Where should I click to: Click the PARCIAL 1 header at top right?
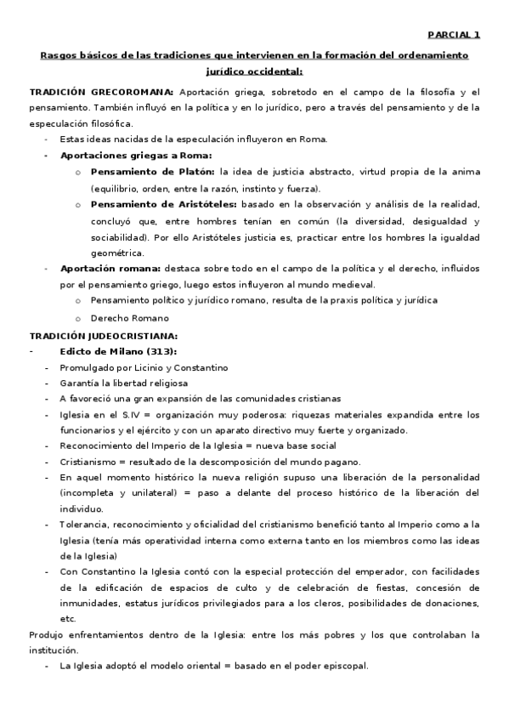(453, 35)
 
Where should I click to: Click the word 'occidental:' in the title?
(274, 72)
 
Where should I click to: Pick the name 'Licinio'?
(152, 367)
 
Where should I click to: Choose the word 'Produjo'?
(47, 634)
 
